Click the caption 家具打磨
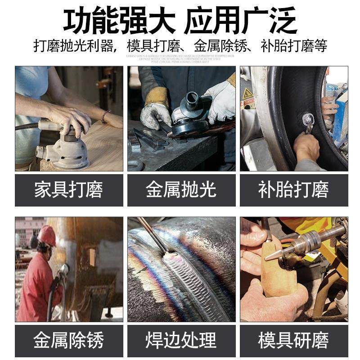(68, 190)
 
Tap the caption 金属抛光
(181, 190)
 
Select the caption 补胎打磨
(293, 190)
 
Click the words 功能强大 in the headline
(118, 20)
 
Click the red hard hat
(47, 235)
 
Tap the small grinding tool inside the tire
(308, 121)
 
